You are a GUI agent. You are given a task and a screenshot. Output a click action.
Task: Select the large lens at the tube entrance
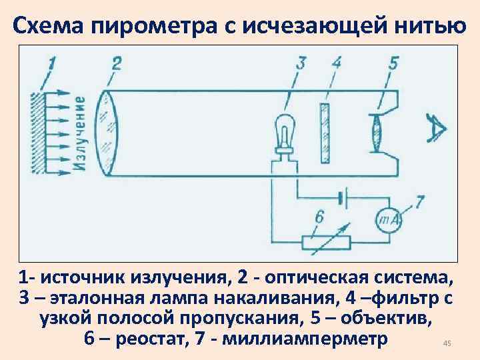tap(106, 133)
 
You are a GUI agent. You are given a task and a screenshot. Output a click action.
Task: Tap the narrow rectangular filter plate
tap(325, 133)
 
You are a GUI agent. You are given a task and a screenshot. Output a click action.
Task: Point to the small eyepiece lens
tap(378, 133)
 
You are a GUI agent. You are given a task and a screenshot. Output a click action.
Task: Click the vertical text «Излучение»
tap(79, 133)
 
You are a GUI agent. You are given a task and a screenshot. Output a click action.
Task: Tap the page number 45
tap(447, 343)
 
